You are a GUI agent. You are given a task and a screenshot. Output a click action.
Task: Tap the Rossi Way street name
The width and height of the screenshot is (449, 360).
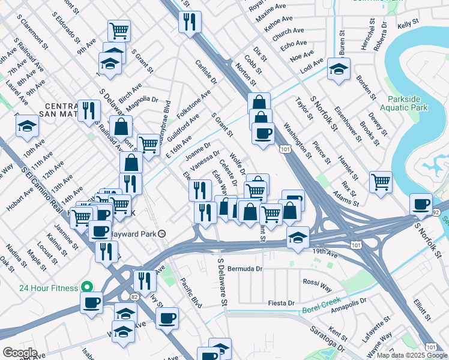click(x=318, y=281)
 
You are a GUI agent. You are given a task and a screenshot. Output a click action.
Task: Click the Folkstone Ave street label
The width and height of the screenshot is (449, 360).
click(x=193, y=104)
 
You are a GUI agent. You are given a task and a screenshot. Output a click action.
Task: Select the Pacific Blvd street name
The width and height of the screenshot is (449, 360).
click(x=191, y=293)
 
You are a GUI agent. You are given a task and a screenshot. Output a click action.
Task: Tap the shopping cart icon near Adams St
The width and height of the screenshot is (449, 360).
click(x=381, y=182)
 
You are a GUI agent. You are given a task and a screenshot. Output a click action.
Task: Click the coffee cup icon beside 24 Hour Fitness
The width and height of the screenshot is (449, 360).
click(x=92, y=303)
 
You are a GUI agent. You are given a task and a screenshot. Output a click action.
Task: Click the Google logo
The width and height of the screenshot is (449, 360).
click(x=20, y=353)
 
